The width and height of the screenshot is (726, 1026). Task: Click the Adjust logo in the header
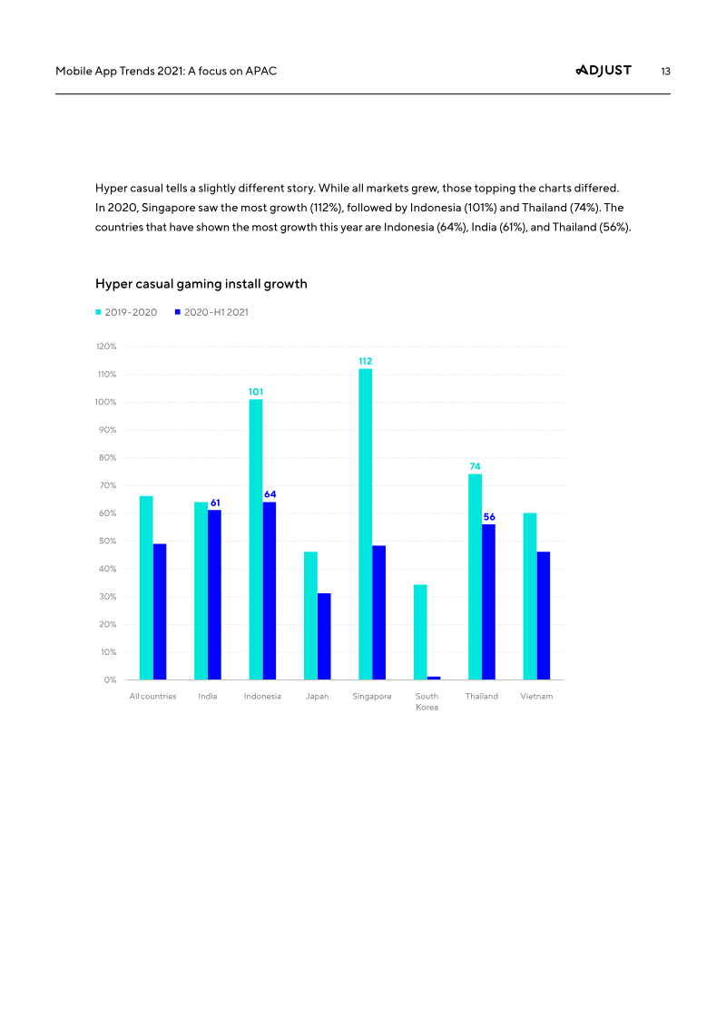(x=603, y=71)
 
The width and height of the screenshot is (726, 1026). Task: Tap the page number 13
(x=665, y=71)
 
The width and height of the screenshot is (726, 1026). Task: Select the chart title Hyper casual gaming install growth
(x=201, y=284)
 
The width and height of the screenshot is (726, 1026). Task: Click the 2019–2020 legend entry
(x=126, y=312)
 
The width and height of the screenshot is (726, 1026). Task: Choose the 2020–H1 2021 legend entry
(x=211, y=312)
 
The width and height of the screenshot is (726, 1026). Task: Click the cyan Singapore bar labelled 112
(x=365, y=523)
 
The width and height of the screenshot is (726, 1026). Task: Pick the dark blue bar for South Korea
(x=434, y=678)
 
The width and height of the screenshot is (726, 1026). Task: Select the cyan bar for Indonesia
(x=256, y=539)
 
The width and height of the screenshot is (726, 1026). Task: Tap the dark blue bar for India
(x=214, y=594)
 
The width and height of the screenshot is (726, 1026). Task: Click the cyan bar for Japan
(x=310, y=615)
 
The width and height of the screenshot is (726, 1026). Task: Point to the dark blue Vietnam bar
(x=544, y=615)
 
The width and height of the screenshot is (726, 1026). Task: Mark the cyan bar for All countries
(x=146, y=587)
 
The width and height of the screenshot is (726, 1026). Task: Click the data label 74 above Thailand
(x=475, y=466)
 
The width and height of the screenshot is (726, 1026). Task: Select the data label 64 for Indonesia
(x=270, y=494)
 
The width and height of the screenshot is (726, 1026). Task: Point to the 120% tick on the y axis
(x=106, y=347)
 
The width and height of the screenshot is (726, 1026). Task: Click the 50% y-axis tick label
(x=108, y=541)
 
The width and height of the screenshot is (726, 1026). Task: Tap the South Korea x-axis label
(x=427, y=702)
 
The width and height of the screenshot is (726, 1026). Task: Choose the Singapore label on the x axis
(x=372, y=697)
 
